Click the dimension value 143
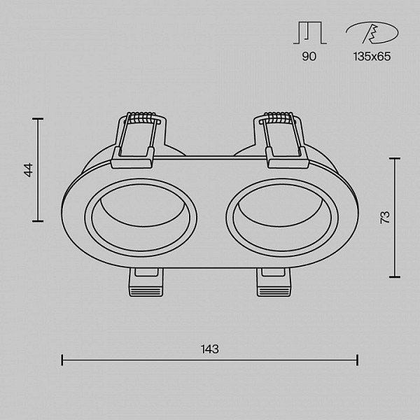pos(210,349)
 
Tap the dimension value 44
pos(29,170)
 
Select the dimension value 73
pos(386,218)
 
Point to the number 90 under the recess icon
pos(309,56)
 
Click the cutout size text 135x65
pos(372,56)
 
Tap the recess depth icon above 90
pos(310,33)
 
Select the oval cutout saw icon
pos(372,33)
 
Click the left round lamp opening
pos(141,218)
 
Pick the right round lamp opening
pos(282,218)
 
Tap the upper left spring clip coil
pos(142,118)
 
